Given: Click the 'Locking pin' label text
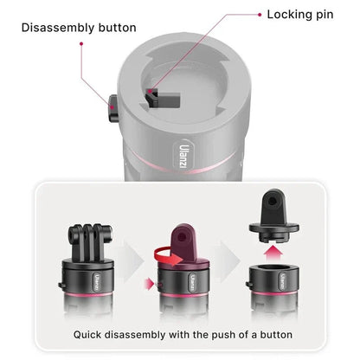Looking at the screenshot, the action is point(300,15).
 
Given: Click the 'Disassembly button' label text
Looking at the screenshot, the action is point(79,28).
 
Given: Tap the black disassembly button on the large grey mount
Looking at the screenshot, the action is point(113,108).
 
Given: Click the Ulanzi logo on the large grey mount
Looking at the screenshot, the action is point(183,153).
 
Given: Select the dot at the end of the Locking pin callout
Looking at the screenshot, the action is point(260,15).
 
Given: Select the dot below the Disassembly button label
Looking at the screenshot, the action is point(81,43).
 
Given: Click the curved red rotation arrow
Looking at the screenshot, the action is point(167,256).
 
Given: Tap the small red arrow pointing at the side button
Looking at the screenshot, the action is point(149,284).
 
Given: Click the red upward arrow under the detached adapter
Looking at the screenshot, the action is point(273,254).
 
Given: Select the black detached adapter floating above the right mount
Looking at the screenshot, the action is point(273,215).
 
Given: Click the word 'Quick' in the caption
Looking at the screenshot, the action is point(87,335).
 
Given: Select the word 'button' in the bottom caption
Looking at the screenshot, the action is point(276,335).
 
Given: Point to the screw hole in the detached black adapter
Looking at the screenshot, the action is point(273,201).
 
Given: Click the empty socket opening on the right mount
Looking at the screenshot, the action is point(273,267).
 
